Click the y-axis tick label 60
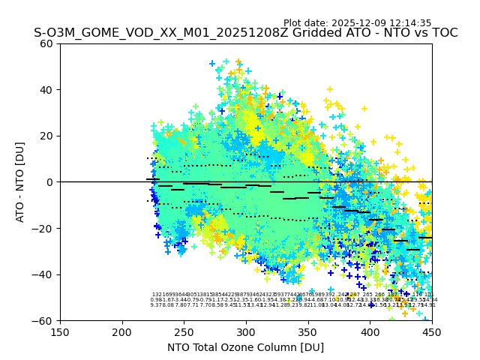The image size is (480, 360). click(x=46, y=43)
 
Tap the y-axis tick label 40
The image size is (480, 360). click(x=46, y=90)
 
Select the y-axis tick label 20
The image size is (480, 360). click(x=46, y=136)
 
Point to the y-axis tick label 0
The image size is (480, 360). click(x=49, y=182)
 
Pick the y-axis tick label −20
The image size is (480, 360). click(x=43, y=228)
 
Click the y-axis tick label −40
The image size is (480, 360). click(x=43, y=274)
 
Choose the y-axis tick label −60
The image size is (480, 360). click(x=43, y=320)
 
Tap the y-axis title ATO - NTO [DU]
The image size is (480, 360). click(x=20, y=182)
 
